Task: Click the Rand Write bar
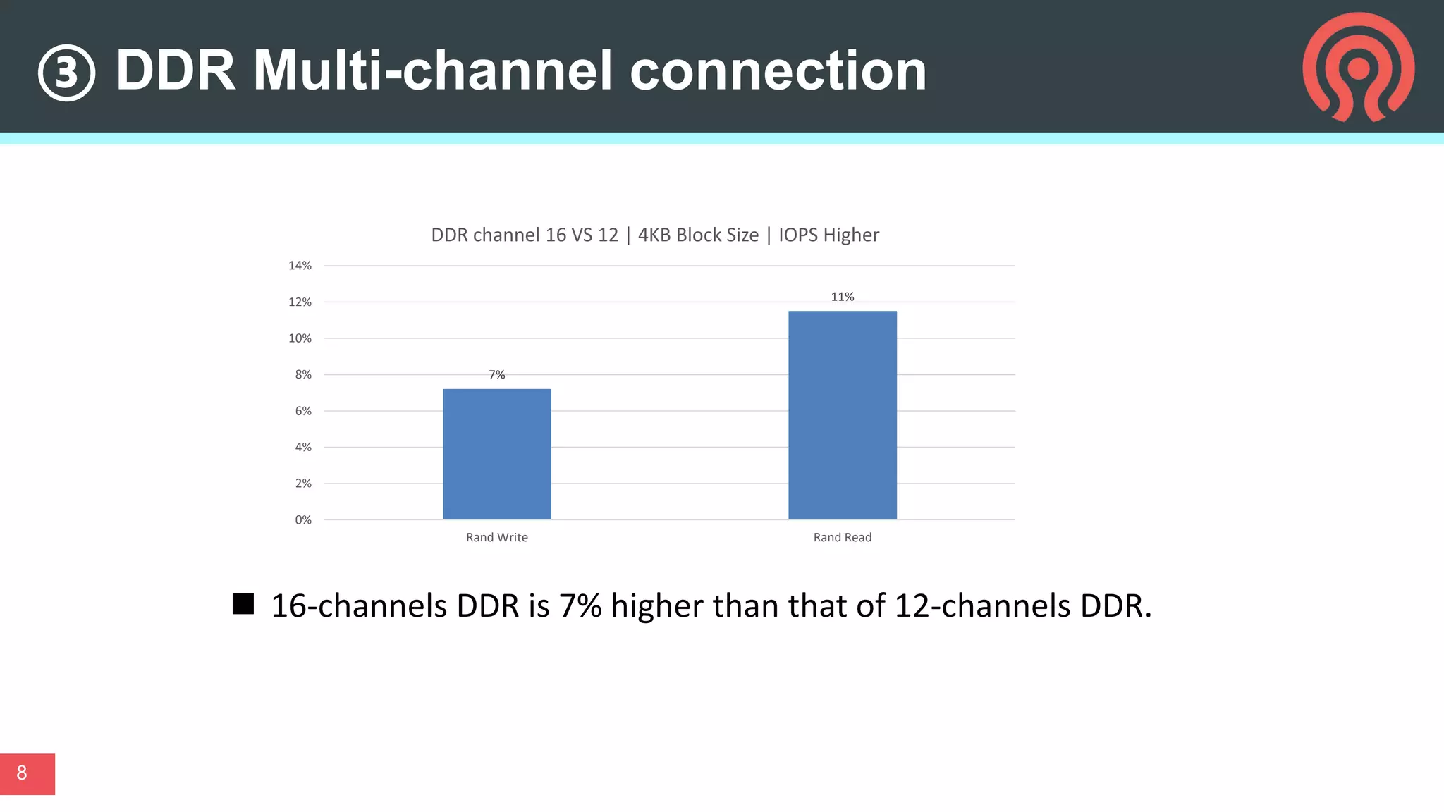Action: click(x=496, y=454)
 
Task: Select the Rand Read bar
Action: click(x=842, y=415)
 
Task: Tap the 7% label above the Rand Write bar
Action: click(x=496, y=375)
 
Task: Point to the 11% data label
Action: click(x=842, y=297)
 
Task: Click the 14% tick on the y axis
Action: click(x=300, y=266)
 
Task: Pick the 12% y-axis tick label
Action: click(x=300, y=302)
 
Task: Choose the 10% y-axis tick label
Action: click(x=300, y=338)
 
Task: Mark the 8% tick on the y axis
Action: click(x=302, y=375)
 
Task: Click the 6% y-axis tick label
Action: click(x=302, y=411)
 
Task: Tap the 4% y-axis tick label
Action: click(x=302, y=447)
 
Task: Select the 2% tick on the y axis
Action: click(x=302, y=484)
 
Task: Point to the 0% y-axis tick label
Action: click(x=302, y=520)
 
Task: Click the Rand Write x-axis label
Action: click(x=496, y=537)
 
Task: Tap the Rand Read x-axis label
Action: click(x=842, y=537)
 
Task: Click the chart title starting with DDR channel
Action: click(x=654, y=235)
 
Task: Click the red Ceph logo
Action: click(x=1358, y=67)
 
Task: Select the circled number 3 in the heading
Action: click(x=66, y=73)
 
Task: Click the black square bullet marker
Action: click(x=243, y=604)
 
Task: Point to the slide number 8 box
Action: click(x=27, y=773)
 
